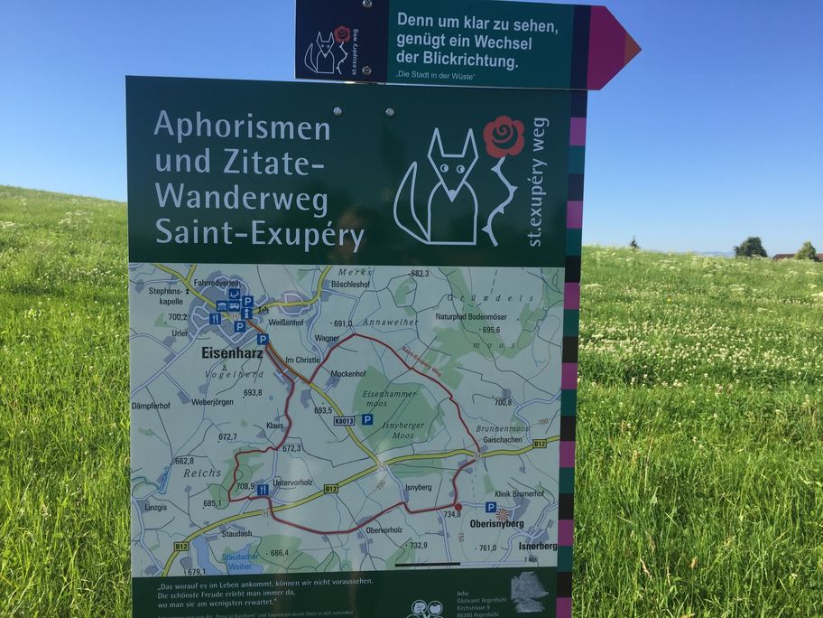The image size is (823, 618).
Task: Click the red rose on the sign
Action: coord(504,136)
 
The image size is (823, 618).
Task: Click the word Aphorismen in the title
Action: coord(242,126)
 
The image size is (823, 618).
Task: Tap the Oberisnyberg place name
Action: coord(496,523)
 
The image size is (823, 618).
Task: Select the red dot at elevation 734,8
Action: coord(458,507)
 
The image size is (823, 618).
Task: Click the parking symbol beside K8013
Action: coord(367,419)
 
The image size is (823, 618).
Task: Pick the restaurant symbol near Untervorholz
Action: coord(263,490)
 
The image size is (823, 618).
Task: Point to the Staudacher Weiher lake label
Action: coord(215,560)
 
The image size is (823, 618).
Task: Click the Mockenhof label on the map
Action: coord(348,373)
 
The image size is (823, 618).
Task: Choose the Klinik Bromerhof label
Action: coord(520,494)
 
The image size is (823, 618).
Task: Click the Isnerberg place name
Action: coord(538,546)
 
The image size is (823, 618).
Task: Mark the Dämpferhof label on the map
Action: coord(151,406)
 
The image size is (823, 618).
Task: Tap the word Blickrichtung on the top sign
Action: coord(470,62)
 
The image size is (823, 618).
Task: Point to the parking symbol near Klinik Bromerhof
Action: coord(490,507)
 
